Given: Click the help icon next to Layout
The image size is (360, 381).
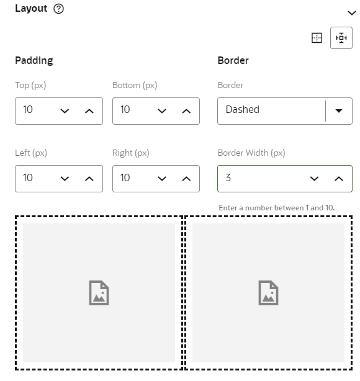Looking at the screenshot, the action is pyautogui.click(x=58, y=9).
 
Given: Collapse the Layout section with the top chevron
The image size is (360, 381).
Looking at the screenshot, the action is pyautogui.click(x=352, y=13).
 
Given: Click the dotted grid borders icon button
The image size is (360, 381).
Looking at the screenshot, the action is pyautogui.click(x=317, y=38).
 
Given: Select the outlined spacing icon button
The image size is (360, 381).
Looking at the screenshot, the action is pyautogui.click(x=341, y=38).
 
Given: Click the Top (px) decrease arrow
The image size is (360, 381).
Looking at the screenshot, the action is pyautogui.click(x=65, y=111).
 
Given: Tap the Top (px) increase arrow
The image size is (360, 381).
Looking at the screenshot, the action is pyautogui.click(x=89, y=111).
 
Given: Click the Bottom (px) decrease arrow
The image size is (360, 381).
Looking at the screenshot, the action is pyautogui.click(x=162, y=111).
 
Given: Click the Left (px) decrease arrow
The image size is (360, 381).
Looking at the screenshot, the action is pyautogui.click(x=65, y=179).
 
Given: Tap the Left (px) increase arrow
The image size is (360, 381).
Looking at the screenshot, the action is pyautogui.click(x=89, y=179).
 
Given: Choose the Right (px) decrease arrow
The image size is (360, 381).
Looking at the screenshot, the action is pyautogui.click(x=162, y=179).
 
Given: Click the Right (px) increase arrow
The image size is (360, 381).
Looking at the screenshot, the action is pyautogui.click(x=186, y=179).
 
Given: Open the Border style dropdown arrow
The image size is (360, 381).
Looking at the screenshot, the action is pyautogui.click(x=339, y=111).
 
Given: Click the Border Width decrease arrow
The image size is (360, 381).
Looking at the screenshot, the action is pyautogui.click(x=314, y=179).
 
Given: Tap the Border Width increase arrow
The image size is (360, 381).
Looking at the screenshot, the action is pyautogui.click(x=339, y=179).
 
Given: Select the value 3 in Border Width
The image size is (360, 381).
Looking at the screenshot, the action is pyautogui.click(x=228, y=177).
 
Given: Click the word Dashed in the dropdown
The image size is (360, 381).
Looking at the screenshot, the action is pyautogui.click(x=242, y=110).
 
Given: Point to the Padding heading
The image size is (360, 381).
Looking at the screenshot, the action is pyautogui.click(x=34, y=61).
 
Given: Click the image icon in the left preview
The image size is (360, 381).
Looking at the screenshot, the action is pyautogui.click(x=99, y=293).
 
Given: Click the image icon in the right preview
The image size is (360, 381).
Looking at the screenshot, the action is pyautogui.click(x=268, y=293).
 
